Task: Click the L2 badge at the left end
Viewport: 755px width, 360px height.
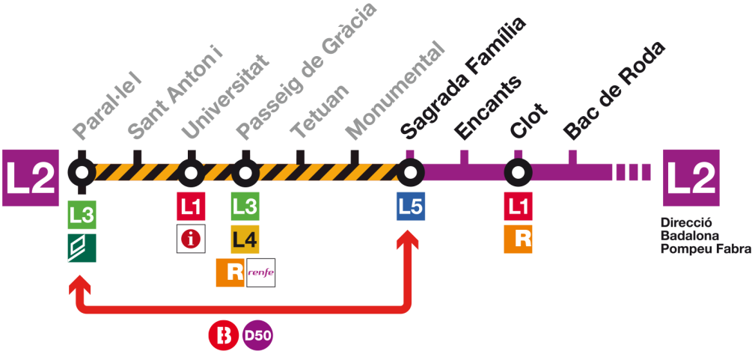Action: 31,177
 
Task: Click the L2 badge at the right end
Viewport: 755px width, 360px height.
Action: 691,177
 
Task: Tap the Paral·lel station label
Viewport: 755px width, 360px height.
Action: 107,105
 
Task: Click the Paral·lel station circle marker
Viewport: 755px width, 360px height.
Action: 82,172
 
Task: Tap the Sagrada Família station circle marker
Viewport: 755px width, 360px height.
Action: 410,173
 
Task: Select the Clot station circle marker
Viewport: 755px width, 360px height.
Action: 518,173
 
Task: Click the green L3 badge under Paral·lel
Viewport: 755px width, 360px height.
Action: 82,216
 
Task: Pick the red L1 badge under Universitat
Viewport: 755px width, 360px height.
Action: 191,207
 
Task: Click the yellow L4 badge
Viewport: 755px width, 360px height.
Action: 245,240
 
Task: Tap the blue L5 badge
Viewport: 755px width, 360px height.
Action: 410,207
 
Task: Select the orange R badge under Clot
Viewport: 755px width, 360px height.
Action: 518,240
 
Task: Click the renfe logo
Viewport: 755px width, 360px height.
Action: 260,273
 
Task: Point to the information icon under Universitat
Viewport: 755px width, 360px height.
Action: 191,240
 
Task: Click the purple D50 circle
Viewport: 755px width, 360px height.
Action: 258,335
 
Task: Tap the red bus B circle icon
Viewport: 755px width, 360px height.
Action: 222,335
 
